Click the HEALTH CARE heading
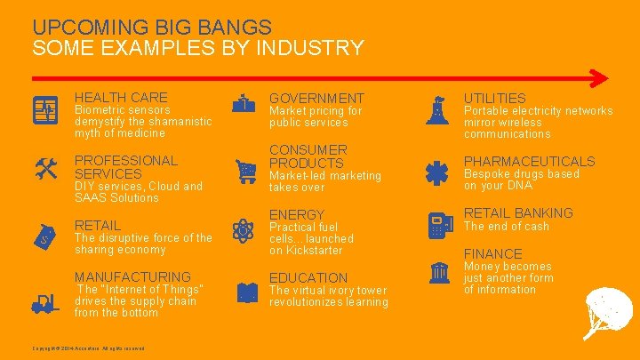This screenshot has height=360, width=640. coord(121,97)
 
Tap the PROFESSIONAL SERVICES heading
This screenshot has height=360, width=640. coord(126,166)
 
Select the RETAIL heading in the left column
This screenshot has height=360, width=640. coord(98,225)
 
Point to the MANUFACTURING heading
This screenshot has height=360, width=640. coord(132,276)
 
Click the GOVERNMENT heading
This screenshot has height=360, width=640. coord(316,98)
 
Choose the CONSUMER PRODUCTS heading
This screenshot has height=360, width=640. coord(308,156)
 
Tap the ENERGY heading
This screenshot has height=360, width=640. coord(297,215)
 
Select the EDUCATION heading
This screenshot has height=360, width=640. coord(308,277)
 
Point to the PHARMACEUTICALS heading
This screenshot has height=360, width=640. coord(529,161)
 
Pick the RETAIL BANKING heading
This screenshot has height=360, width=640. coord(518,212)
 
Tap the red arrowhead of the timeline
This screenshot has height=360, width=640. coord(602,76)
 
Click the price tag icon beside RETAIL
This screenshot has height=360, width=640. coord(47,235)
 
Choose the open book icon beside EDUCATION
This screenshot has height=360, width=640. coord(245,292)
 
